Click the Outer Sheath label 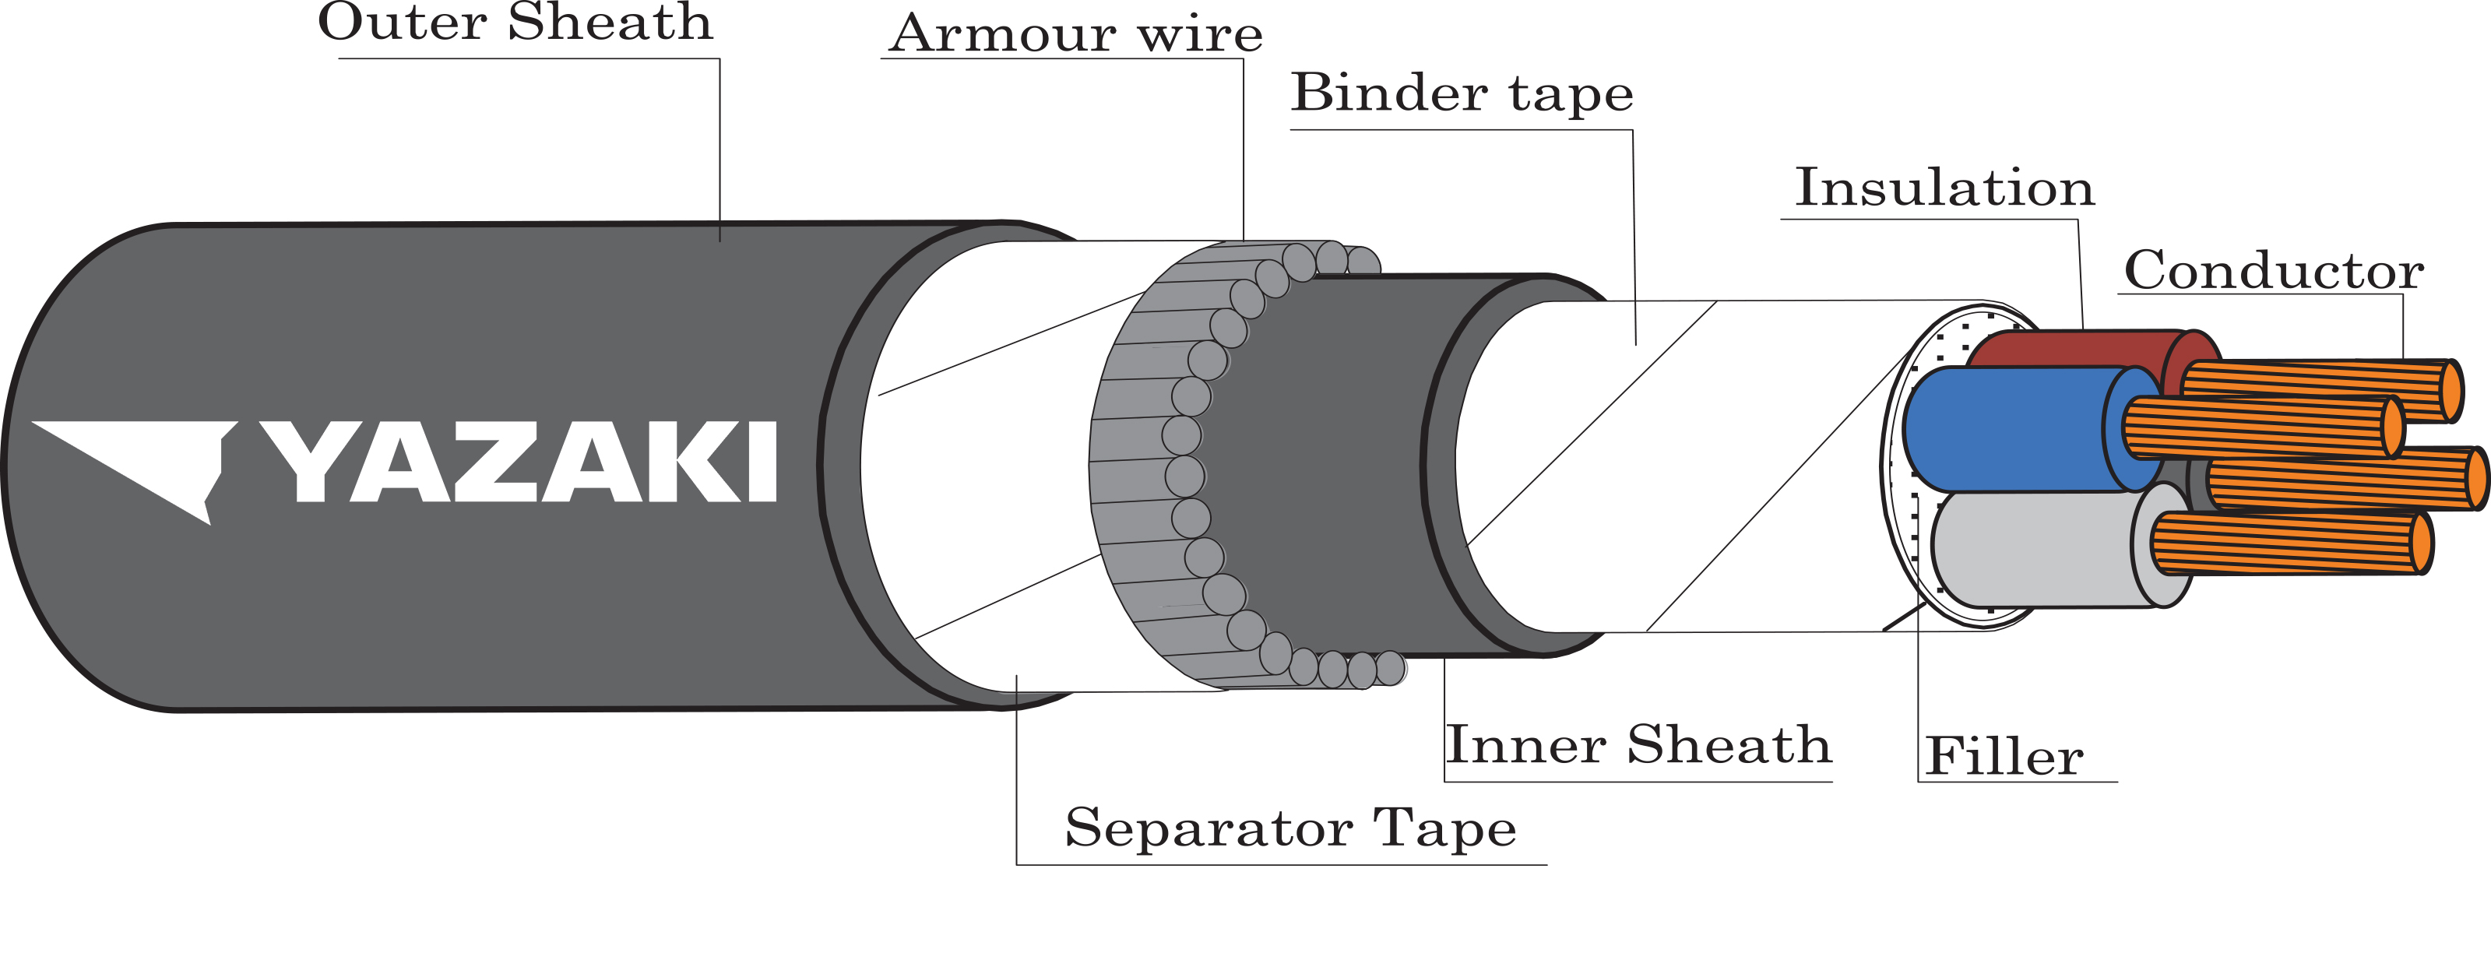[515, 23]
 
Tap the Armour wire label [1075, 35]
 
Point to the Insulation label [1944, 188]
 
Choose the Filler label [2004, 756]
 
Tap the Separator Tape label [1290, 829]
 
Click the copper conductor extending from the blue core [2263, 427]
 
